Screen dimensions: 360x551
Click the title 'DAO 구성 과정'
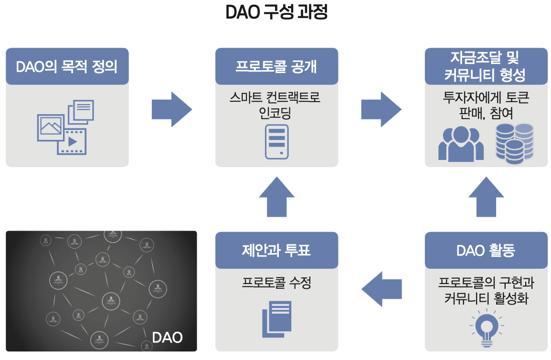pos(276,13)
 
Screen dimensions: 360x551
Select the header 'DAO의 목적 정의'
pos(67,66)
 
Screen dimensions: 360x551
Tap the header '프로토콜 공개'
pos(276,66)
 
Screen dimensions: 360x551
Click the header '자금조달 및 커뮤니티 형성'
pos(486,66)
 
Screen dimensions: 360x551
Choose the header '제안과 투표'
pos(276,250)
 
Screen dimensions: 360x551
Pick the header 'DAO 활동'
pos(486,250)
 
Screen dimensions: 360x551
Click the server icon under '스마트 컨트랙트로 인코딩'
pos(277,141)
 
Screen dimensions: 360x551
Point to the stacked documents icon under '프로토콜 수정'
pos(277,318)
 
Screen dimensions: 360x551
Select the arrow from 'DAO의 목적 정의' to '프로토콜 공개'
pos(171,110)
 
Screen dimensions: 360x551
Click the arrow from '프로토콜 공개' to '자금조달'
pos(381,110)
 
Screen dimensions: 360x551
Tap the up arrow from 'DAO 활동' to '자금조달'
pos(486,197)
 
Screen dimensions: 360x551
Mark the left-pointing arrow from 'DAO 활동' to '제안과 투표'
pos(381,289)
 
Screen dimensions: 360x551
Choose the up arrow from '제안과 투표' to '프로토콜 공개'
pos(276,197)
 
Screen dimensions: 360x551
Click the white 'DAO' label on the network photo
pos(167,338)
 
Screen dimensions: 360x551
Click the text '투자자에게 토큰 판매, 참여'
pos(486,106)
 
